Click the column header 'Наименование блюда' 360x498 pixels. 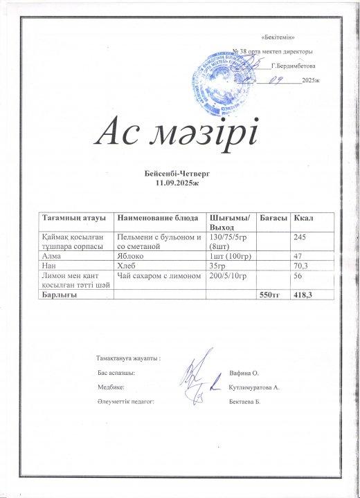point(152,219)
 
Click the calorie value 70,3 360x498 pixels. point(302,266)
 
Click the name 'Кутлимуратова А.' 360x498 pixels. point(253,387)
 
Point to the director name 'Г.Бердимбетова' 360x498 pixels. point(294,66)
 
